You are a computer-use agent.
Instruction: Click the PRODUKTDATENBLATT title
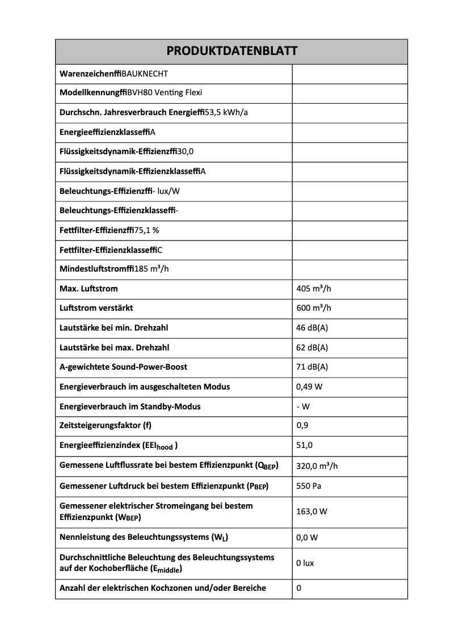[x=231, y=52]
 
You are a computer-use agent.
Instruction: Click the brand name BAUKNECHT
[x=145, y=74]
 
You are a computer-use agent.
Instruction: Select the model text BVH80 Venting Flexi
[x=165, y=93]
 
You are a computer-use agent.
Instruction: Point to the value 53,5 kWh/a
[x=226, y=112]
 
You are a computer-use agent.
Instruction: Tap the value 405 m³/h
[x=314, y=289]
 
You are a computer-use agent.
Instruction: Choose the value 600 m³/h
[x=314, y=308]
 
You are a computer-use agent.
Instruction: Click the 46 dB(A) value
[x=312, y=328]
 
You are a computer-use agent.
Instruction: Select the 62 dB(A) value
[x=312, y=348]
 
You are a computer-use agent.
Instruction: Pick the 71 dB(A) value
[x=312, y=367]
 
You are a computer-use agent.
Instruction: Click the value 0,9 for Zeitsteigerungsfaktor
[x=302, y=425]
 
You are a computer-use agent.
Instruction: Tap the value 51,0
[x=305, y=445]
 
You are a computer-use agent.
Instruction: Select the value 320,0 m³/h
[x=317, y=466]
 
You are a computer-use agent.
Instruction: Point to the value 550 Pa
[x=309, y=487]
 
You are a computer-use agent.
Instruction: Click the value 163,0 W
[x=311, y=511]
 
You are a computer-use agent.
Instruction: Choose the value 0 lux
[x=305, y=563]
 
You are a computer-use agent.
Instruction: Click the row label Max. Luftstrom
[x=89, y=289]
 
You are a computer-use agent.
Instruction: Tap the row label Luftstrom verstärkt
[x=96, y=308]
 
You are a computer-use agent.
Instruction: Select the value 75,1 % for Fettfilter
[x=147, y=230]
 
